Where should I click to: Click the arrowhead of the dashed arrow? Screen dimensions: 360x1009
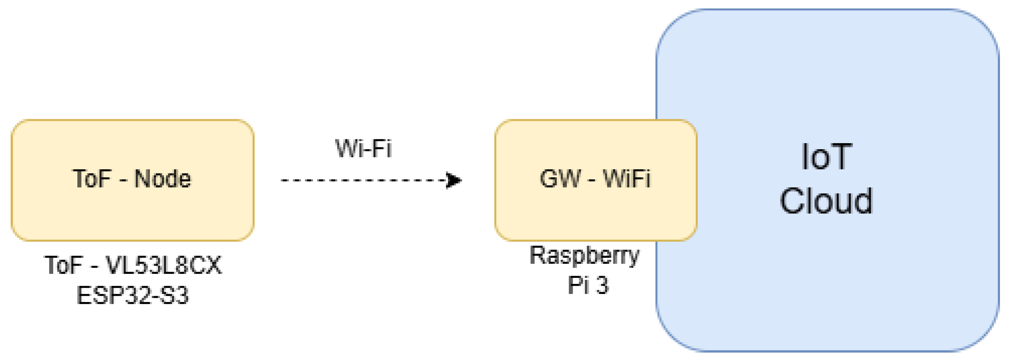454,180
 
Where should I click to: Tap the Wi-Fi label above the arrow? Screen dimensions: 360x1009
364,149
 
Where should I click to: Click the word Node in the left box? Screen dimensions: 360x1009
162,179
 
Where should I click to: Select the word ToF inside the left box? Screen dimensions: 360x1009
92,179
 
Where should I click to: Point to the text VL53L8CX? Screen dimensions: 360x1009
164,265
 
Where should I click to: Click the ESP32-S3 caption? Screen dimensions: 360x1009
132,295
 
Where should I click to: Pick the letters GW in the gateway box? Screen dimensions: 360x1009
560,179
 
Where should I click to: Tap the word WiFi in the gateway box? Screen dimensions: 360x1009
627,179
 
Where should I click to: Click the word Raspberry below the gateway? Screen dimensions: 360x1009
584,255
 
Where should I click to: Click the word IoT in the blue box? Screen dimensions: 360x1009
827,157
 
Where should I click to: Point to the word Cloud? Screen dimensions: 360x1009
827,200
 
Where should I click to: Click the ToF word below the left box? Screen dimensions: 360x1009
63,265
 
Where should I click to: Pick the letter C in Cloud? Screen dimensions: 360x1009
793,200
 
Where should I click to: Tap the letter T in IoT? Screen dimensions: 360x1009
840,157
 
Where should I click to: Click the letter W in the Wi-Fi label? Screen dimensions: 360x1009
347,149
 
